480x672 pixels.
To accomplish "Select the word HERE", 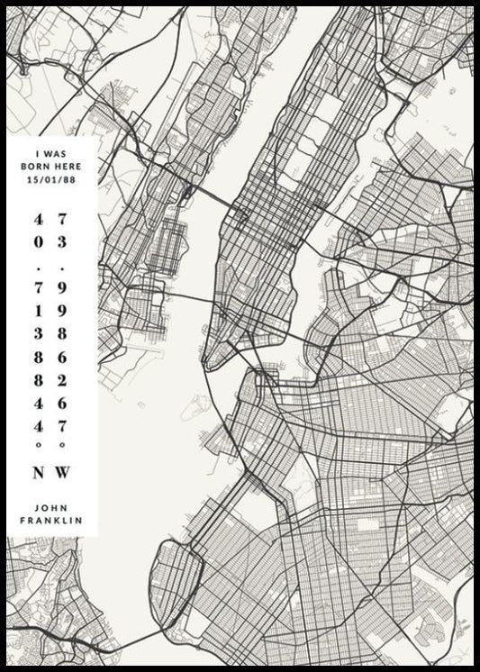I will pos(67,166).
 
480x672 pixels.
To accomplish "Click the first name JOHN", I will pos(51,506).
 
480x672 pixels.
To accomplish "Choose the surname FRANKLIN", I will pos(51,520).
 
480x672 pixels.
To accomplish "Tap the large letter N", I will pos(38,472).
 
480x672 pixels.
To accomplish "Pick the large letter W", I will pos(63,472).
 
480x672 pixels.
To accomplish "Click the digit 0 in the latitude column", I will pos(38,241).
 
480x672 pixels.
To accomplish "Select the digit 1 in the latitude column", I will pos(38,311).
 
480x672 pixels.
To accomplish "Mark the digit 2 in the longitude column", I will pos(63,380).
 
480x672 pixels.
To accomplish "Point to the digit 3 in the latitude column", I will pos(38,333).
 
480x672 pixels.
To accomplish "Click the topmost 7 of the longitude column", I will pos(63,219).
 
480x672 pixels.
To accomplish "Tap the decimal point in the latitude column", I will pos(38,268).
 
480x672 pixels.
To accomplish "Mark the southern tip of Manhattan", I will pos(209,366).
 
